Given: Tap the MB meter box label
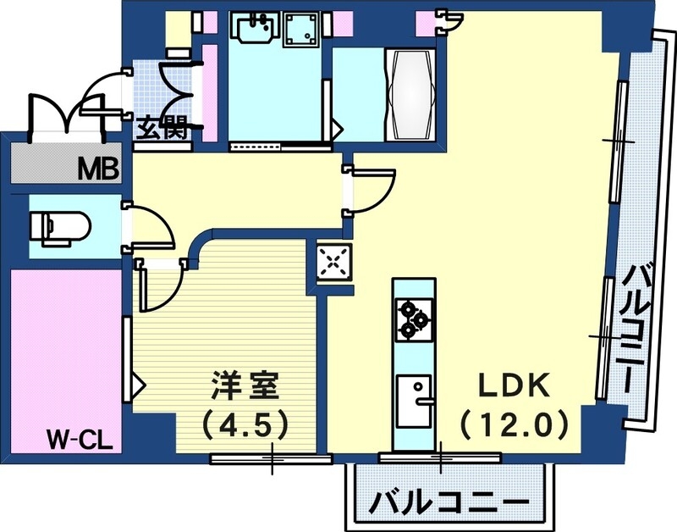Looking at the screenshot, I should tap(101, 169).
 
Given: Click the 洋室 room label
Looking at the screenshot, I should tap(245, 387).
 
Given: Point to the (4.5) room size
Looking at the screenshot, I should tap(245, 421).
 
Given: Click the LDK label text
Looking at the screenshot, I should tap(515, 385).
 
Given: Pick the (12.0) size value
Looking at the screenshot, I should tap(514, 420).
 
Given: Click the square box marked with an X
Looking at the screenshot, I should tap(333, 262).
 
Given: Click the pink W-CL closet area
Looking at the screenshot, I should tap(63, 347).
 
